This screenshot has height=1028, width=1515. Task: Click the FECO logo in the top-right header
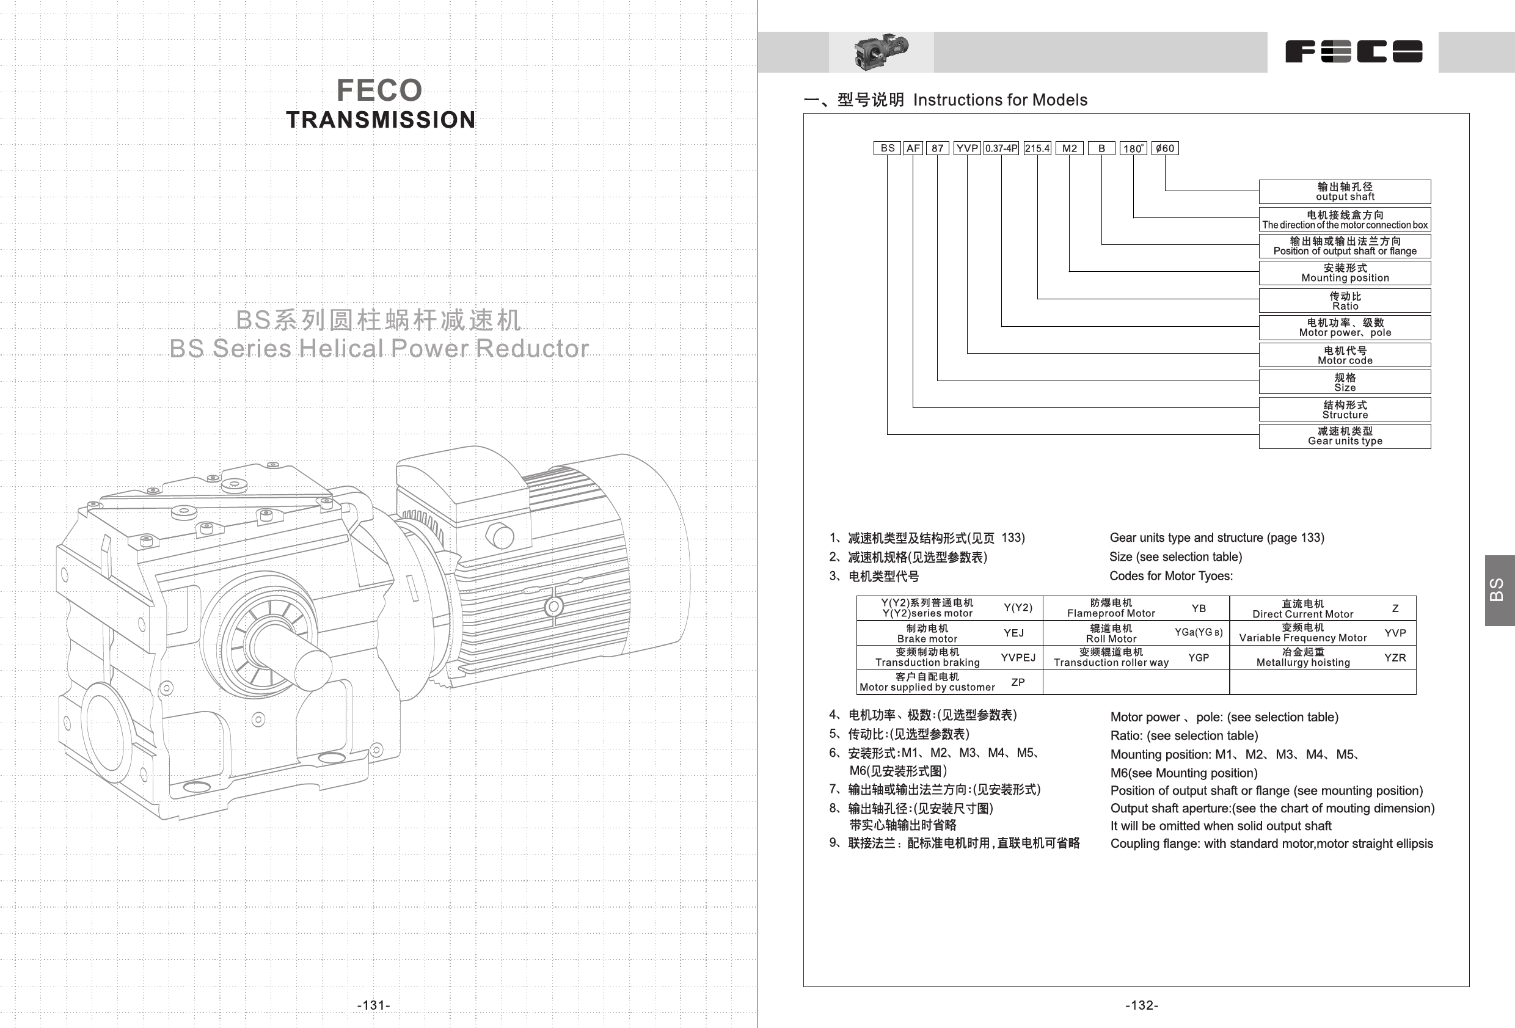(x=1353, y=51)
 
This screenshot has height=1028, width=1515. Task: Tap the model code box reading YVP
(x=967, y=148)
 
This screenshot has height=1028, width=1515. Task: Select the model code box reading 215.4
(x=1037, y=148)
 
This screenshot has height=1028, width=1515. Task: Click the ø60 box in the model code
(x=1165, y=148)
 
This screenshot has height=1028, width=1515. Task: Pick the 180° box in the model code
(x=1133, y=148)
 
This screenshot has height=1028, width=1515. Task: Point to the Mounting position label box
(x=1345, y=272)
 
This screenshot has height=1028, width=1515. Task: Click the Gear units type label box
(x=1345, y=436)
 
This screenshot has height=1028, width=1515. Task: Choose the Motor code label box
(x=1345, y=355)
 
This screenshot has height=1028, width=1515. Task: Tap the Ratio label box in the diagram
(x=1345, y=301)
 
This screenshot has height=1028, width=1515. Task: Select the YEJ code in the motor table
(x=1013, y=633)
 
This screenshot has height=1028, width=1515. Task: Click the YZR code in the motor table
(x=1395, y=658)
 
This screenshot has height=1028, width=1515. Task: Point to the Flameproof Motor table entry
(x=1111, y=608)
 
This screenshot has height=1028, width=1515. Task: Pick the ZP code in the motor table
(x=1018, y=682)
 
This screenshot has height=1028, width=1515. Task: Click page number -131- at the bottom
(x=373, y=1005)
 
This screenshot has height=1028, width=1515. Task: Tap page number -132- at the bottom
(x=1142, y=1005)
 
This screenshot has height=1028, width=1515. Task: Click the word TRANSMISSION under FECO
(x=381, y=120)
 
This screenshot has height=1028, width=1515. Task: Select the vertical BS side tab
(x=1499, y=590)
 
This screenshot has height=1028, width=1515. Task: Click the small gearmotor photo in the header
(x=881, y=52)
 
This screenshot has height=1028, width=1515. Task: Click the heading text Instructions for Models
(x=1000, y=100)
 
